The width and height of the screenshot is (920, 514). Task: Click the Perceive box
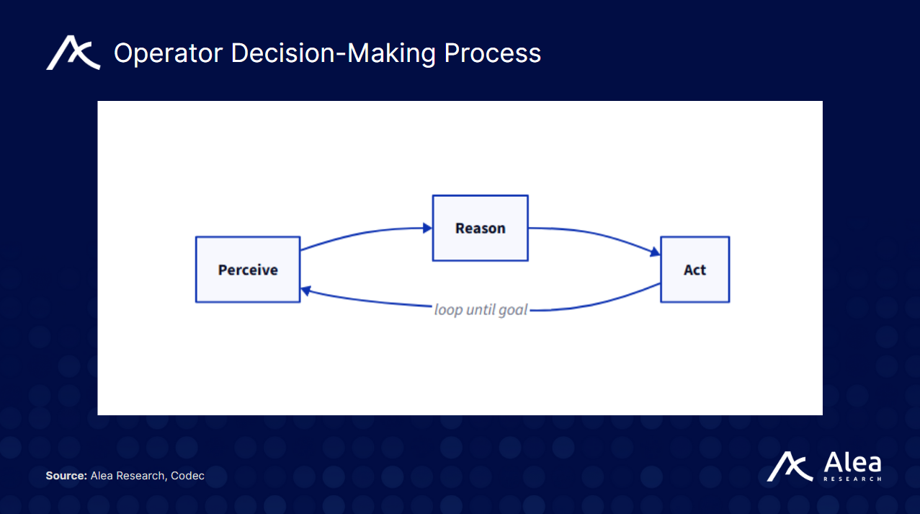248,270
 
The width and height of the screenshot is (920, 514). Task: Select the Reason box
480,228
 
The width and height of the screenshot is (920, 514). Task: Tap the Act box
695,270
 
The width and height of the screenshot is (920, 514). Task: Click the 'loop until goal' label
481,310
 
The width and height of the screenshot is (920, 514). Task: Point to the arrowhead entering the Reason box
427,229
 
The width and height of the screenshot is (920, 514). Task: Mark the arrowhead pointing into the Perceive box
305,291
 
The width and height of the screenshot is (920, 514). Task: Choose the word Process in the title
493,53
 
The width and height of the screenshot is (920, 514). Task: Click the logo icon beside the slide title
73,54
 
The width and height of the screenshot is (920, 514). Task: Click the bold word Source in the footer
66,476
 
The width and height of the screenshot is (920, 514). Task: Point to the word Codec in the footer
187,476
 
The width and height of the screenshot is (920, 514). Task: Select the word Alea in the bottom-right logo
852,463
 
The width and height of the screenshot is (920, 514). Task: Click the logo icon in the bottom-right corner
790,467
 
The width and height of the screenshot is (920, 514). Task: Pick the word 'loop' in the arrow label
447,310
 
